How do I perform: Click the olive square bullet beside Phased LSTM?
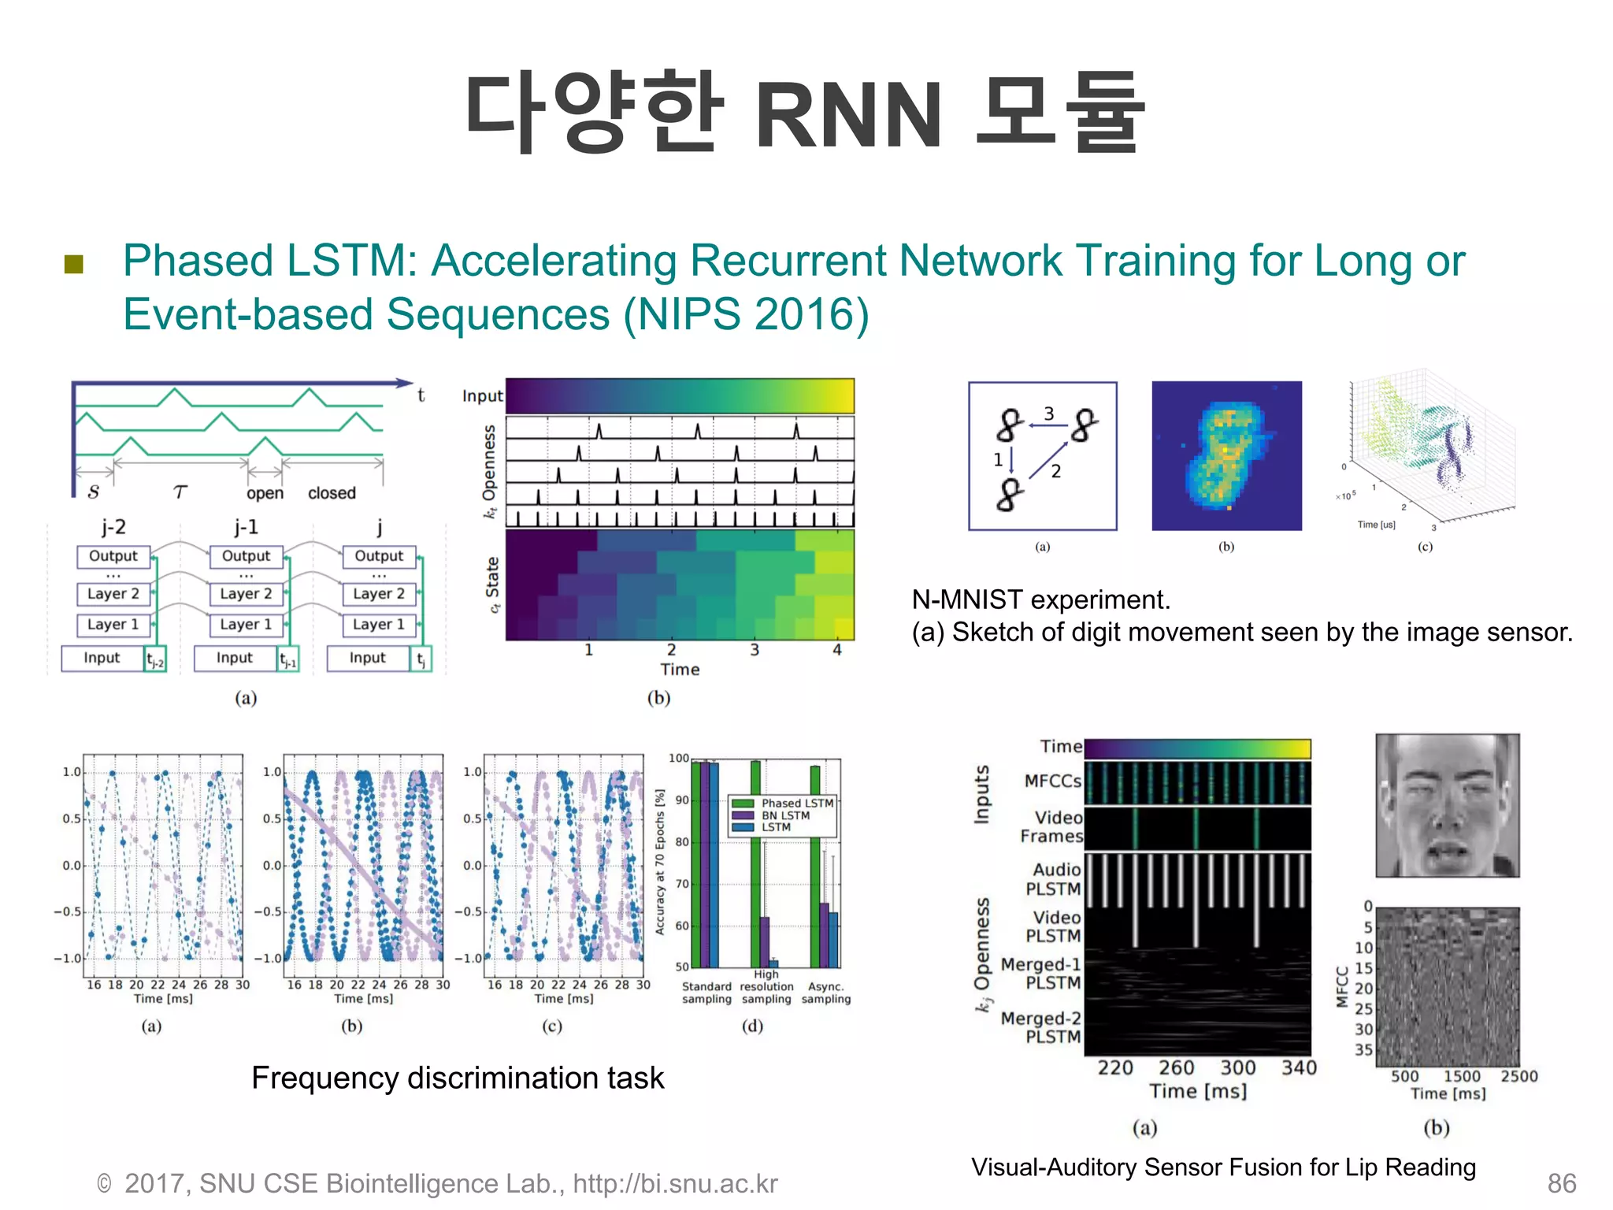(x=74, y=264)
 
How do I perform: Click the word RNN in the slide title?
(x=848, y=116)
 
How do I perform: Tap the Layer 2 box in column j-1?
(x=246, y=593)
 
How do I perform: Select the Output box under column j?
(x=379, y=556)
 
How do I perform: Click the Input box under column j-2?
(x=102, y=658)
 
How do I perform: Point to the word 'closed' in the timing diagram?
(x=332, y=493)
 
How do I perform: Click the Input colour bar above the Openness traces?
(x=679, y=396)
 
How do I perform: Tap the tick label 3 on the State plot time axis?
(x=755, y=650)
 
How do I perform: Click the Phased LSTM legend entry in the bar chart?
(x=796, y=803)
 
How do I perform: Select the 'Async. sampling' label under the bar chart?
(x=826, y=993)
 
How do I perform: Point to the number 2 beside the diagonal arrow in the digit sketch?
(x=1056, y=472)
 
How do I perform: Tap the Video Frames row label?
(x=1051, y=827)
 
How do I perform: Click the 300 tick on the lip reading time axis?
(x=1237, y=1068)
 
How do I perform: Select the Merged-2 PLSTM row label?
(x=1040, y=1028)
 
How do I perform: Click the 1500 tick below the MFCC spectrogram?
(x=1462, y=1076)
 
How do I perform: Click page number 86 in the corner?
(x=1561, y=1183)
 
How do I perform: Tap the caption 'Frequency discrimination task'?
(x=458, y=1078)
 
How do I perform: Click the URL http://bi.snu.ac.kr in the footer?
(x=675, y=1183)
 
